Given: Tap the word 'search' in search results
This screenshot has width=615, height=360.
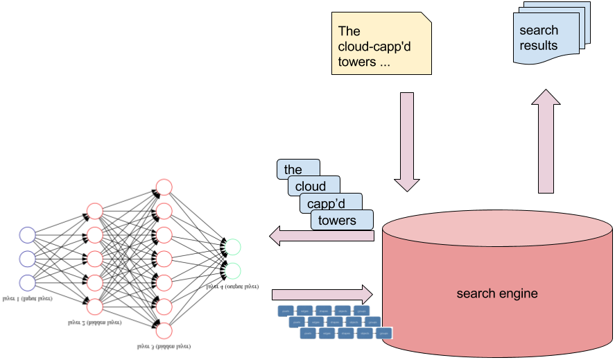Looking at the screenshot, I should [x=539, y=31].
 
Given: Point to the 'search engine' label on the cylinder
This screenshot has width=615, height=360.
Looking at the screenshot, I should [x=496, y=293].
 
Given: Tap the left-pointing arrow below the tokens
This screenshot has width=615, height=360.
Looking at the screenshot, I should [x=322, y=236].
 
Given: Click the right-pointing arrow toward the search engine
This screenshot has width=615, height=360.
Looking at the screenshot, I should [x=322, y=291].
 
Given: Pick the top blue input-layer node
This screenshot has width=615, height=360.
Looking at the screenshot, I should [x=27, y=235].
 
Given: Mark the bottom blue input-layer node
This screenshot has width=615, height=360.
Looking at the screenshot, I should [x=27, y=282].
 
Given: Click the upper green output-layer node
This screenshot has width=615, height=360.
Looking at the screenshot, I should [x=233, y=246].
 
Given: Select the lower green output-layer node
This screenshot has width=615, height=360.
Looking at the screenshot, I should [x=233, y=270].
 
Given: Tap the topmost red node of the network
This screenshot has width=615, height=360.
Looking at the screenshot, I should [x=164, y=187].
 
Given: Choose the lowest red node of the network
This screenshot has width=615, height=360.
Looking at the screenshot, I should [x=164, y=329].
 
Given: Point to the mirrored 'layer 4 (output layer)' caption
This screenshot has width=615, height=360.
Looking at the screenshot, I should [x=232, y=285].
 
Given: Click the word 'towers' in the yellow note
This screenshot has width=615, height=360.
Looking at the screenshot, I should [x=356, y=62].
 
